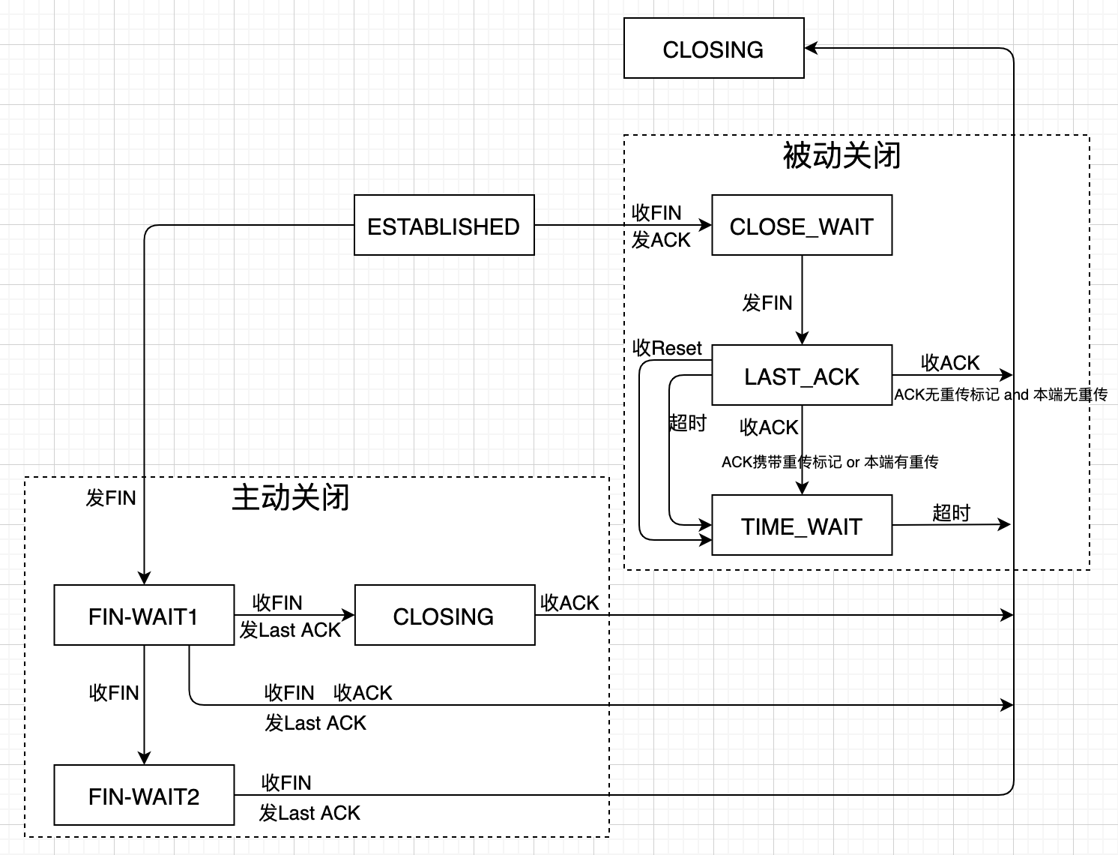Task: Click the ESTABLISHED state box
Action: click(444, 226)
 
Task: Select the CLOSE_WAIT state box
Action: click(801, 226)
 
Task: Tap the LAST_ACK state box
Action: click(801, 376)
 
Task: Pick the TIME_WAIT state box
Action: click(801, 526)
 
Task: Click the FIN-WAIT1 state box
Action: click(144, 616)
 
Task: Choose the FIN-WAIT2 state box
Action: click(144, 796)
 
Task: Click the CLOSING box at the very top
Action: click(713, 49)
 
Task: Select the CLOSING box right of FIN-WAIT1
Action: click(444, 616)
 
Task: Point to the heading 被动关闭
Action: click(841, 156)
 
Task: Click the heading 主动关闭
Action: click(291, 497)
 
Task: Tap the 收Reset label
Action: click(667, 348)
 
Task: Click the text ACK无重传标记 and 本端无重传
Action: click(1000, 394)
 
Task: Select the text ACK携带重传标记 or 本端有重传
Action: click(830, 462)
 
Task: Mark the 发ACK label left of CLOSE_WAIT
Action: click(661, 240)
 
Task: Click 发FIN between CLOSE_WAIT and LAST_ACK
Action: click(767, 303)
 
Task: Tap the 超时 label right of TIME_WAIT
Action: click(951, 513)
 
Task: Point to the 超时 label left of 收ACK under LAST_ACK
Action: click(687, 423)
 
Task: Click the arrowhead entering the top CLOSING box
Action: click(811, 49)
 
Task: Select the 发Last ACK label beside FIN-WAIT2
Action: click(309, 813)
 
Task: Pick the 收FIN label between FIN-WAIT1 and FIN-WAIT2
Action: click(114, 693)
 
